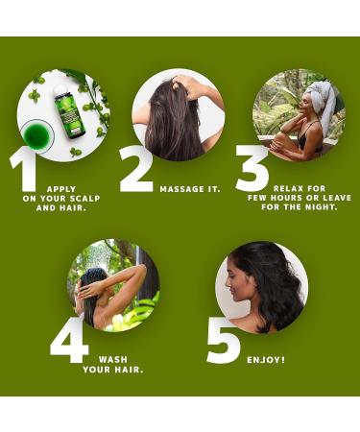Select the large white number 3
[x=252, y=170]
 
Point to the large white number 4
[x=68, y=340]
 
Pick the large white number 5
[x=223, y=340]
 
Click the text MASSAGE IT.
[x=190, y=188]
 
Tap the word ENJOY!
[x=265, y=359]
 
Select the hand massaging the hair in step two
[x=193, y=87]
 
